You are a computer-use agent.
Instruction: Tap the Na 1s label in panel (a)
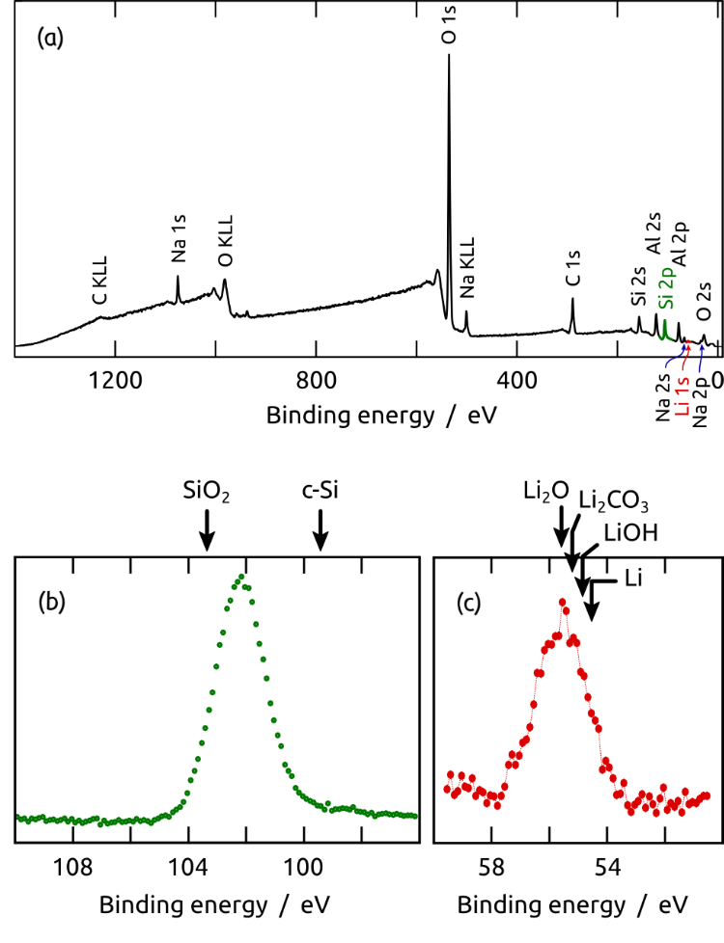pos(178,245)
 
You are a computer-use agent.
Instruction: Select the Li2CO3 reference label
pos(613,501)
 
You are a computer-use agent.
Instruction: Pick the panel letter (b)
pos(50,603)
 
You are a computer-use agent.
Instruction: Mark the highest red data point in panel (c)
pos(563,602)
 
